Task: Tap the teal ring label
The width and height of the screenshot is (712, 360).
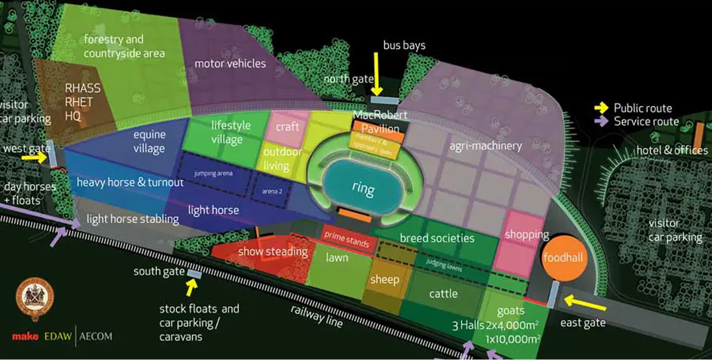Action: pyautogui.click(x=363, y=188)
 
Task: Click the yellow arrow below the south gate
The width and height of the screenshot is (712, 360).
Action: pyautogui.click(x=191, y=287)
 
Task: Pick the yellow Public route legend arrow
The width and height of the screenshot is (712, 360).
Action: pyautogui.click(x=602, y=108)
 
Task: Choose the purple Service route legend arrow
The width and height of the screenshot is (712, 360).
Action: pyautogui.click(x=602, y=122)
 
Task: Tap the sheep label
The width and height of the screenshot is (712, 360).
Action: pyautogui.click(x=384, y=279)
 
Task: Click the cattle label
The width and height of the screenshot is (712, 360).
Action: pyautogui.click(x=443, y=294)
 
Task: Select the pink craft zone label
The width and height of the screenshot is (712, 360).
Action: pyautogui.click(x=288, y=126)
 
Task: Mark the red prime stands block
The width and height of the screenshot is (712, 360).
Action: pyautogui.click(x=347, y=239)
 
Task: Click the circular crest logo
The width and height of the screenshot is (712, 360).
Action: pyautogui.click(x=35, y=300)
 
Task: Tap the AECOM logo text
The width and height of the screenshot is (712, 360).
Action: pyautogui.click(x=96, y=337)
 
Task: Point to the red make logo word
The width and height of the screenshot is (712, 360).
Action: pyautogui.click(x=25, y=337)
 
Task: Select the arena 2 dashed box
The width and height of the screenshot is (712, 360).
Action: pyautogui.click(x=269, y=191)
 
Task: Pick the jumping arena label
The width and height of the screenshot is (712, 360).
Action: pyautogui.click(x=214, y=173)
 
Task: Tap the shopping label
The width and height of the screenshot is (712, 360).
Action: pyautogui.click(x=526, y=234)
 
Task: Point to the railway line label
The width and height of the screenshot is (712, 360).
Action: pyautogui.click(x=317, y=316)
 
